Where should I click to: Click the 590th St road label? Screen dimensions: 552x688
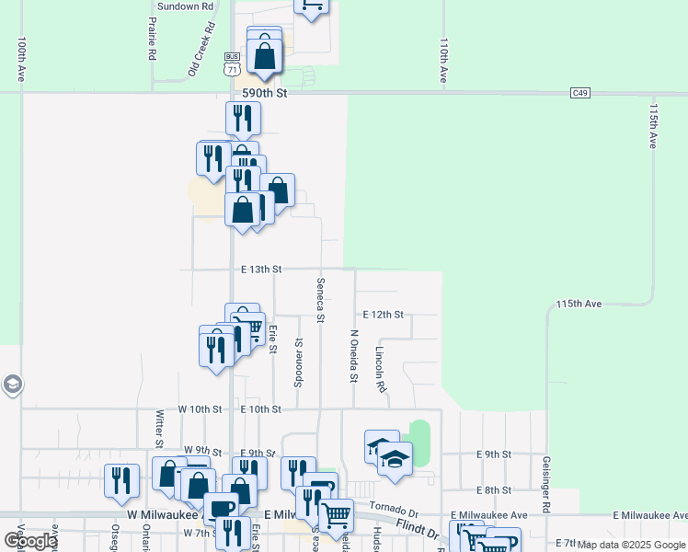tap(265, 93)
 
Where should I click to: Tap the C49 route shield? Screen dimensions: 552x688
tap(579, 93)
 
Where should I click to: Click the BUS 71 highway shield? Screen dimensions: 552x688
tap(232, 63)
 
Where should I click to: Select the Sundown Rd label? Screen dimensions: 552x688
tap(185, 6)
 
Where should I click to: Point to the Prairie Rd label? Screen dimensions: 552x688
tap(152, 41)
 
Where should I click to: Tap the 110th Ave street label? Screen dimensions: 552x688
tap(443, 61)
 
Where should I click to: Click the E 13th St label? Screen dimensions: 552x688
tap(260, 270)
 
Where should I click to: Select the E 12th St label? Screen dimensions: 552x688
tap(383, 315)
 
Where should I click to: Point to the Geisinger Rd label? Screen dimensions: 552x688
tap(545, 484)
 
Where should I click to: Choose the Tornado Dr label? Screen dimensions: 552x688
tap(394, 507)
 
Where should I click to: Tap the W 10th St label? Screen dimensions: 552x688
tap(201, 408)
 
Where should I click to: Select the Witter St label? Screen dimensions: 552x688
tap(159, 425)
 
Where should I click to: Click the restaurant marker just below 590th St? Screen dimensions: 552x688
tap(243, 118)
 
